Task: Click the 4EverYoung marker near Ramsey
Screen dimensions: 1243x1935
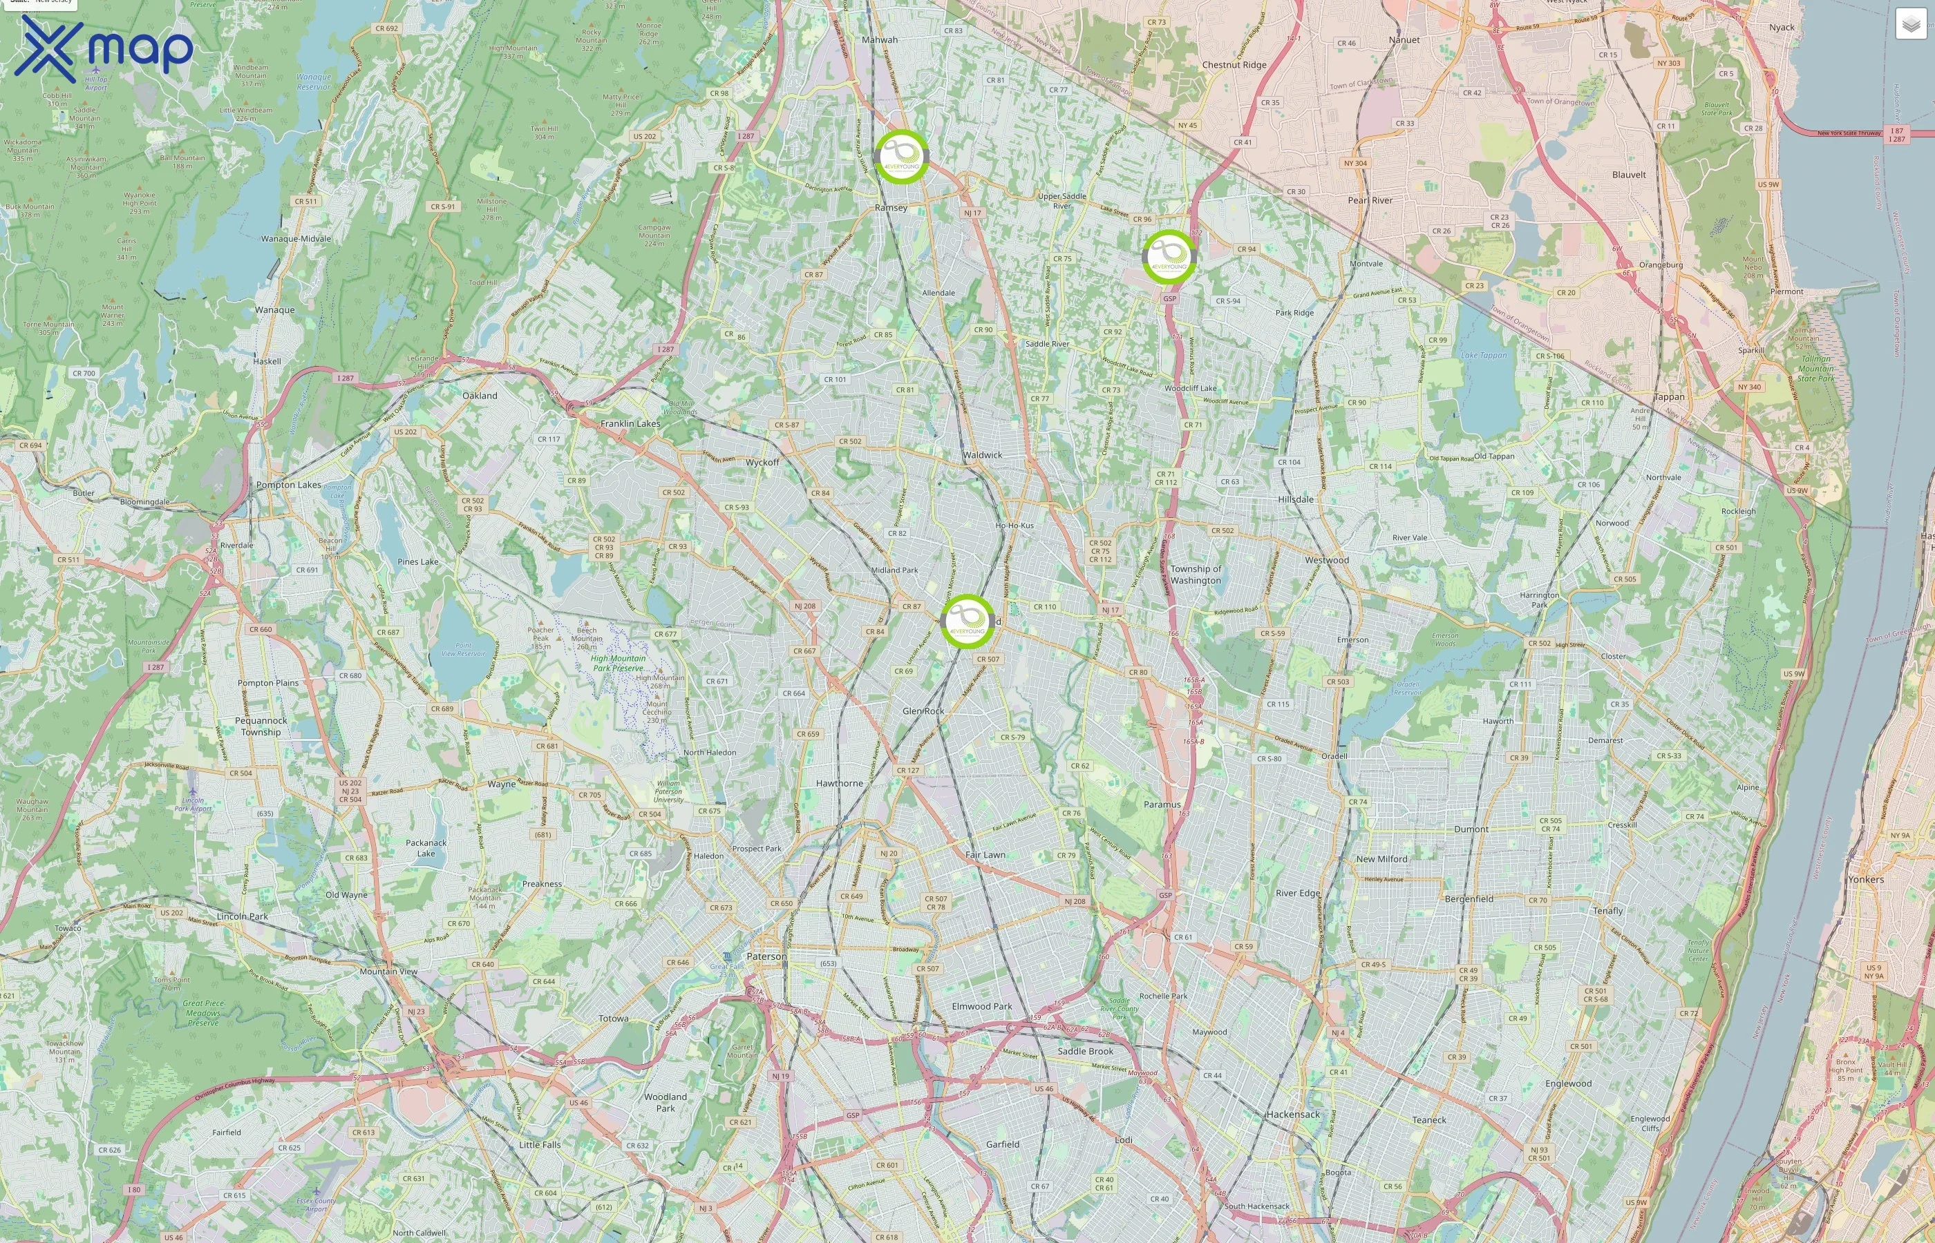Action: pyautogui.click(x=900, y=156)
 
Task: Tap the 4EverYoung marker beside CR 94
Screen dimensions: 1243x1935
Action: pyautogui.click(x=1169, y=257)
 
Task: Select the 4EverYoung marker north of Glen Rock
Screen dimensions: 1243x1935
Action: pyautogui.click(x=967, y=621)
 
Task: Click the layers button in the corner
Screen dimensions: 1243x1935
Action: pyautogui.click(x=1911, y=24)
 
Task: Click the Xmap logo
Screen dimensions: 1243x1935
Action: pyautogui.click(x=104, y=48)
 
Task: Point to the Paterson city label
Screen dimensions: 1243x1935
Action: pyautogui.click(x=766, y=956)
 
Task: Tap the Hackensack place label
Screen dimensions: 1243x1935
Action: pyautogui.click(x=1292, y=1115)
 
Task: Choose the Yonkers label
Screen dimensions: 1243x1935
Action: pyautogui.click(x=1865, y=880)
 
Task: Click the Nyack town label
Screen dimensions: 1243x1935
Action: pyautogui.click(x=1782, y=28)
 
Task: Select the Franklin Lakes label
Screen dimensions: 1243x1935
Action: pyautogui.click(x=630, y=424)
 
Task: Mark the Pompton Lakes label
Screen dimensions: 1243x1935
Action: pyautogui.click(x=288, y=485)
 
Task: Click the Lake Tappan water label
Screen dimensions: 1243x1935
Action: pyautogui.click(x=1484, y=355)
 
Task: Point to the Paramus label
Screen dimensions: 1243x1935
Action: pyautogui.click(x=1162, y=804)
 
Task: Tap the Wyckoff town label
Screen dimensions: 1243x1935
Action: pyautogui.click(x=762, y=463)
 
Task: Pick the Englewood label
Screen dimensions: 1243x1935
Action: pyautogui.click(x=1568, y=1084)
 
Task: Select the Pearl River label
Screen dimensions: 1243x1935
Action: pyautogui.click(x=1370, y=200)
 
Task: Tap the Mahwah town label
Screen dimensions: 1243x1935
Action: pyautogui.click(x=880, y=39)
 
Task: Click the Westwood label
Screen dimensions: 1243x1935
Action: pyautogui.click(x=1327, y=560)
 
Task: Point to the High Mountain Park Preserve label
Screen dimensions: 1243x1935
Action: pyautogui.click(x=618, y=664)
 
